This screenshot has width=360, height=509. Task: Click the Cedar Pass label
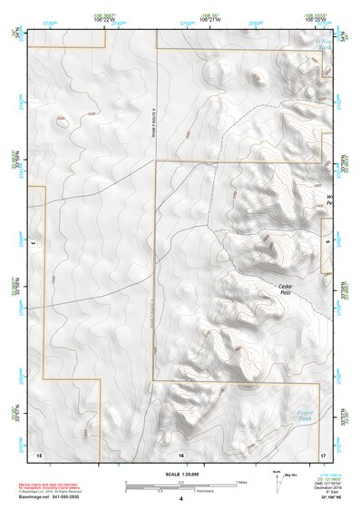tap(286, 289)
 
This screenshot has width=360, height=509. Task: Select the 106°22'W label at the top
tap(105, 18)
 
